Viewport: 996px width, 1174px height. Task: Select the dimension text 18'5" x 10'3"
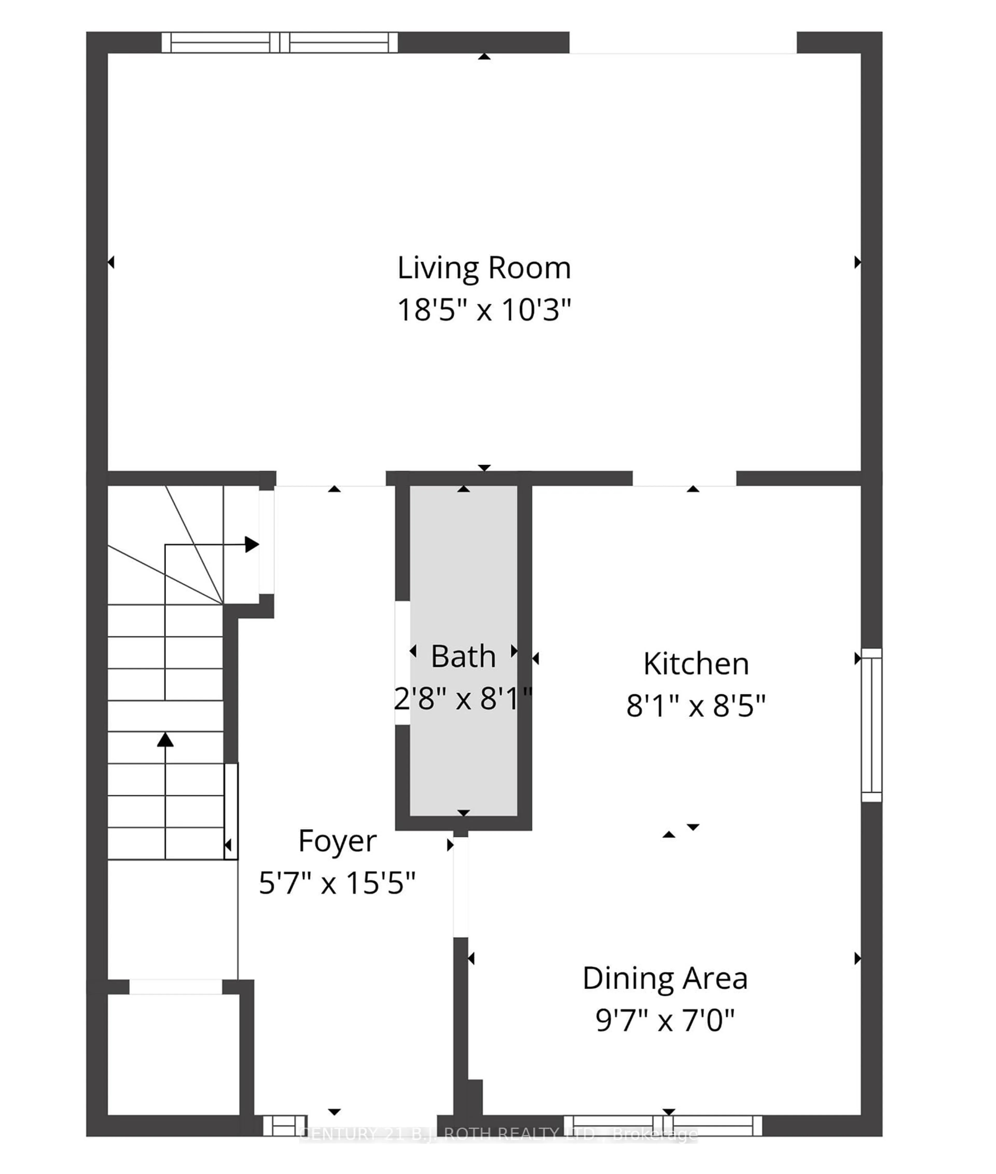point(484,310)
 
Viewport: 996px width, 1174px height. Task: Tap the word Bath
point(463,656)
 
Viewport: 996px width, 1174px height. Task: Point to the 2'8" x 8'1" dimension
point(463,699)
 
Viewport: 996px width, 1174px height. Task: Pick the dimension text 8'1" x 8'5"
point(696,706)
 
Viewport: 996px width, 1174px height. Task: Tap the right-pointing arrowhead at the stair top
point(252,544)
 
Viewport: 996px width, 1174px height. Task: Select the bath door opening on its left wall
point(402,662)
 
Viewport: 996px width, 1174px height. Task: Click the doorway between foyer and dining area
point(461,887)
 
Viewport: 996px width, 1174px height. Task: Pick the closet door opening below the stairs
point(176,986)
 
